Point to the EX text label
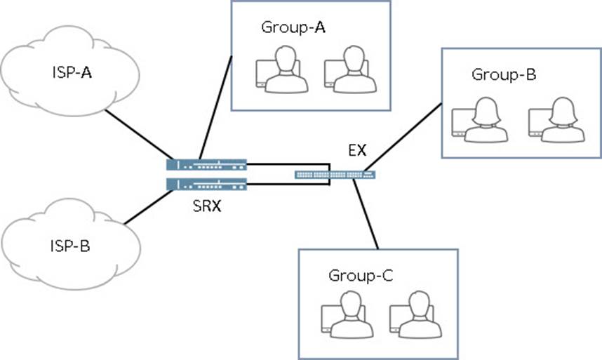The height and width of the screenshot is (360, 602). (356, 150)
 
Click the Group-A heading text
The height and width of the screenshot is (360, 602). (293, 27)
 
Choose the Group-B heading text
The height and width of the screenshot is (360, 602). (504, 74)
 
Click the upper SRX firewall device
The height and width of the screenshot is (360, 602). (207, 165)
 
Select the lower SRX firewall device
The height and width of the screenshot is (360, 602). (207, 185)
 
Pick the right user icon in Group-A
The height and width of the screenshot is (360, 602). (347, 70)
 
